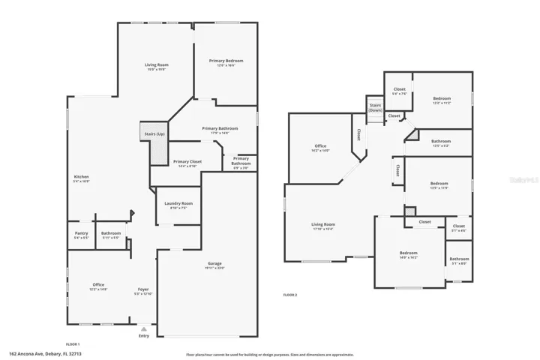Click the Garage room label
(x=214, y=265)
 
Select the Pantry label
(x=82, y=234)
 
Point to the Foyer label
(x=143, y=290)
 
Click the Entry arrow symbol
(x=144, y=328)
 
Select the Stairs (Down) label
(x=375, y=107)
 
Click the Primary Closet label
(x=187, y=163)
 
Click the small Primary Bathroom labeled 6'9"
(x=241, y=161)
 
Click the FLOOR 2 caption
(x=290, y=295)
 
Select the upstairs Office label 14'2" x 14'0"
(x=320, y=147)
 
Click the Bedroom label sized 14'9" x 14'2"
(x=408, y=255)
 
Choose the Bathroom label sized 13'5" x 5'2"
(x=441, y=142)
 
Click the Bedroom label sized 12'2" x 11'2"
(x=442, y=100)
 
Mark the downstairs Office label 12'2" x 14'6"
(x=98, y=286)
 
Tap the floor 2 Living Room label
(x=323, y=226)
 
